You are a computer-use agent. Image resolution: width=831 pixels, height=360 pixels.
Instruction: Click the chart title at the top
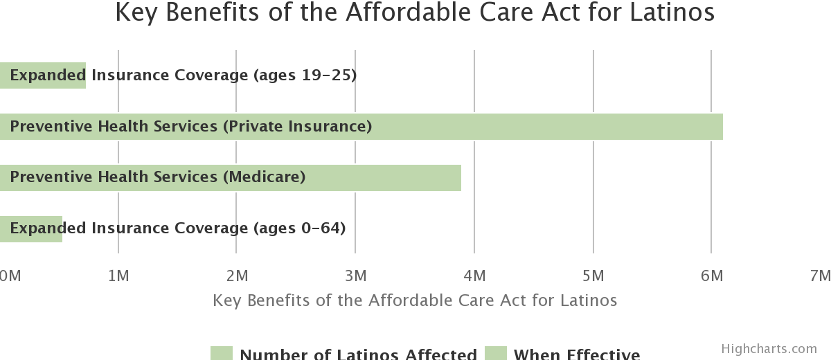click(415, 13)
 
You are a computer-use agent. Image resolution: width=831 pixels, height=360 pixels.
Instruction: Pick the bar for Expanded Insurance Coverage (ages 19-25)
click(43, 75)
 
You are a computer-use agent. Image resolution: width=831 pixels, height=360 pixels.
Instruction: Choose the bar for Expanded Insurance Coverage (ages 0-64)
click(31, 228)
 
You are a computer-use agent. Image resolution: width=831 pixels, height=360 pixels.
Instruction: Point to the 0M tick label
click(10, 276)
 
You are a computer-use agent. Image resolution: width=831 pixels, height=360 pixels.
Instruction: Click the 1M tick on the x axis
click(118, 276)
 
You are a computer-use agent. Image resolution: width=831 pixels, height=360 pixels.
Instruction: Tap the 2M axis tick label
click(237, 276)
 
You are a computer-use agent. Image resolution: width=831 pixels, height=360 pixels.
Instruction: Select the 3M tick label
click(355, 276)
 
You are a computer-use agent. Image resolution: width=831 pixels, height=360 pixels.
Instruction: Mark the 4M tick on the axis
click(474, 276)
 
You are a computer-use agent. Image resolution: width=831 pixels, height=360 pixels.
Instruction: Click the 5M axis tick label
click(593, 276)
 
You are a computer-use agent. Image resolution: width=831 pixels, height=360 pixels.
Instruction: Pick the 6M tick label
click(711, 276)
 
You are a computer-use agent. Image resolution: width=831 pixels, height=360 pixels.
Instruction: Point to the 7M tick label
click(820, 276)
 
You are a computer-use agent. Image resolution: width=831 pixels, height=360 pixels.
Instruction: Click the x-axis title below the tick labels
click(415, 300)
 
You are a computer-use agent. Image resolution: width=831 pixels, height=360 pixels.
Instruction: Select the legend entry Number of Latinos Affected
click(358, 354)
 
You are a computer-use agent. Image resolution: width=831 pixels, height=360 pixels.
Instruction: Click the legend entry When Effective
click(576, 354)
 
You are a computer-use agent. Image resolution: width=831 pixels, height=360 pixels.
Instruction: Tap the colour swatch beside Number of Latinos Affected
click(222, 354)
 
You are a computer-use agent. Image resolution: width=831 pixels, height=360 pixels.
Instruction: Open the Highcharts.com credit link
click(769, 349)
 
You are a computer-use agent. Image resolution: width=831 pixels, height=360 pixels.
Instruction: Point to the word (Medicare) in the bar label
click(264, 177)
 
